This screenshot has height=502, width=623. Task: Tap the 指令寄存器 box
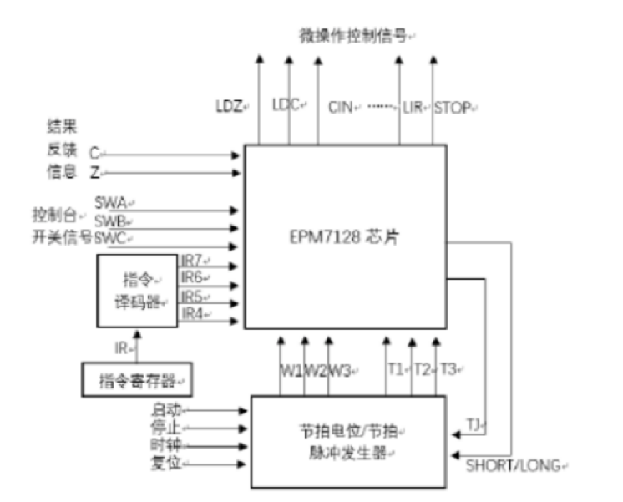point(133,378)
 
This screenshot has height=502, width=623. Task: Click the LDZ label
point(228,107)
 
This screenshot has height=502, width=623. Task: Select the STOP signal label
point(451,107)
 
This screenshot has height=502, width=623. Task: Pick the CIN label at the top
point(341,107)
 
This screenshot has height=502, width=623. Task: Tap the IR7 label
point(193,259)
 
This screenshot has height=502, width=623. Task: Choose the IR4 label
point(193,313)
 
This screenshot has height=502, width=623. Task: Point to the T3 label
point(448,368)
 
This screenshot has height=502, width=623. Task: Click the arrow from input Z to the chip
point(171,174)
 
